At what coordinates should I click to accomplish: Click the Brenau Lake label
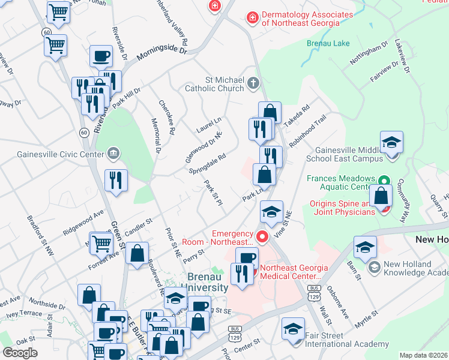(328, 44)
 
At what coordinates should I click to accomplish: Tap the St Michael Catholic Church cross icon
(253, 83)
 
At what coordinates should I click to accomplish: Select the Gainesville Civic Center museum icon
(113, 154)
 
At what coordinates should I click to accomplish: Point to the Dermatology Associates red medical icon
(253, 18)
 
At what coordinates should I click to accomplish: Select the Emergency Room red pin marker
(262, 236)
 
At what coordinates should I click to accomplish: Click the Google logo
(20, 353)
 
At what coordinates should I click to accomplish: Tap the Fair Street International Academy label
(346, 340)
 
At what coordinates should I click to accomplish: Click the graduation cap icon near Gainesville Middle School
(391, 143)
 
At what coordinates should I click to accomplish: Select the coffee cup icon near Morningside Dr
(101, 56)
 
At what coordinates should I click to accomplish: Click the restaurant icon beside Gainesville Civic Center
(116, 180)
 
